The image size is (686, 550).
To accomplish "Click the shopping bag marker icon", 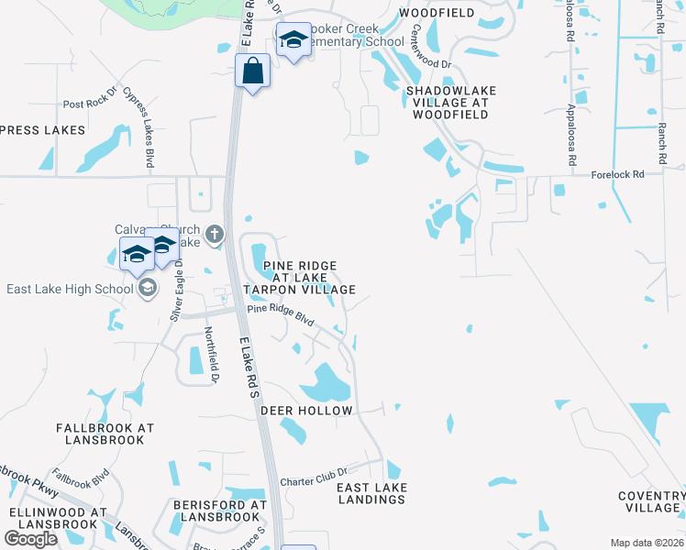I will pyautogui.click(x=252, y=71).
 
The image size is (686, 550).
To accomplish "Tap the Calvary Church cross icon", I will pyautogui.click(x=215, y=236).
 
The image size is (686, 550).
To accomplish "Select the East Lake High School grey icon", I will pyautogui.click(x=147, y=290).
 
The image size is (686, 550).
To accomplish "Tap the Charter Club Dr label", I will pyautogui.click(x=310, y=480).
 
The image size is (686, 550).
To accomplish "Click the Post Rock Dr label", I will pyautogui.click(x=90, y=105).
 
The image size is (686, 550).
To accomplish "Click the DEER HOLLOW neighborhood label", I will pyautogui.click(x=306, y=411).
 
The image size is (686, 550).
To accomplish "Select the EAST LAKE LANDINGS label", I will pyautogui.click(x=372, y=493).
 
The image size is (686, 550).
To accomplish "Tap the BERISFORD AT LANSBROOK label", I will pyautogui.click(x=220, y=511).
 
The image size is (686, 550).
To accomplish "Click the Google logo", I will pyautogui.click(x=30, y=539).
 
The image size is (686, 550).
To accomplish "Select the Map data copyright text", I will pyautogui.click(x=647, y=543).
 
